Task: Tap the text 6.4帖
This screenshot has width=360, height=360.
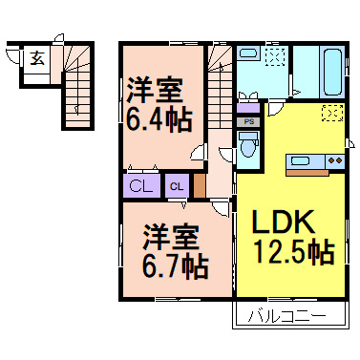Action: point(158,121)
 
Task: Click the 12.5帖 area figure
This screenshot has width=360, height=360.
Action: point(293,253)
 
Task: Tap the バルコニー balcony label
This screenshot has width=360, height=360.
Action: point(286,314)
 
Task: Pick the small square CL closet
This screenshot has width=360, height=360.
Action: point(179,186)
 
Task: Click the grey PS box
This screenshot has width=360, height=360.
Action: point(248,122)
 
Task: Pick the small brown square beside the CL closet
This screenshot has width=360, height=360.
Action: point(201,184)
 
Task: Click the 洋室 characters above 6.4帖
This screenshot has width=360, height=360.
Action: point(158,92)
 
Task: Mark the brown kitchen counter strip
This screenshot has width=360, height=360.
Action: point(307,173)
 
